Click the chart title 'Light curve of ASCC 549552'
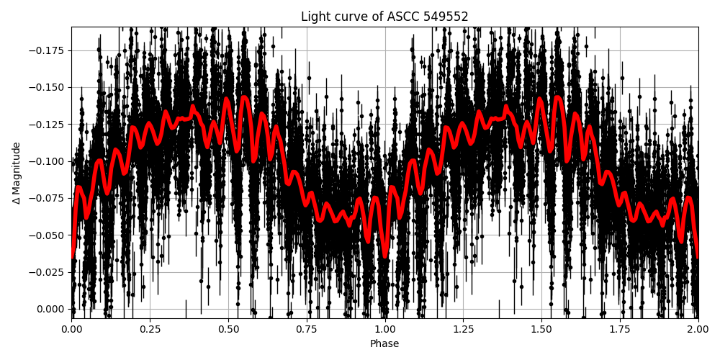tap(384, 17)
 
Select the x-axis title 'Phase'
tap(384, 344)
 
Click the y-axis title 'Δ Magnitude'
tap(17, 173)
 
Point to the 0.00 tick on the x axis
tap(71, 329)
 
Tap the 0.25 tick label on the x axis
tap(150, 329)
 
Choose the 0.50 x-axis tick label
tap(228, 329)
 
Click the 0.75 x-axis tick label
tap(307, 329)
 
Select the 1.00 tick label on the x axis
tap(385, 329)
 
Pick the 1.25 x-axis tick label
tap(463, 329)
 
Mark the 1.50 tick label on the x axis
tap(541, 329)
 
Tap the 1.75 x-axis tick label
tap(620, 329)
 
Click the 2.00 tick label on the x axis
tap(698, 329)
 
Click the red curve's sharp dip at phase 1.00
tap(385, 256)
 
